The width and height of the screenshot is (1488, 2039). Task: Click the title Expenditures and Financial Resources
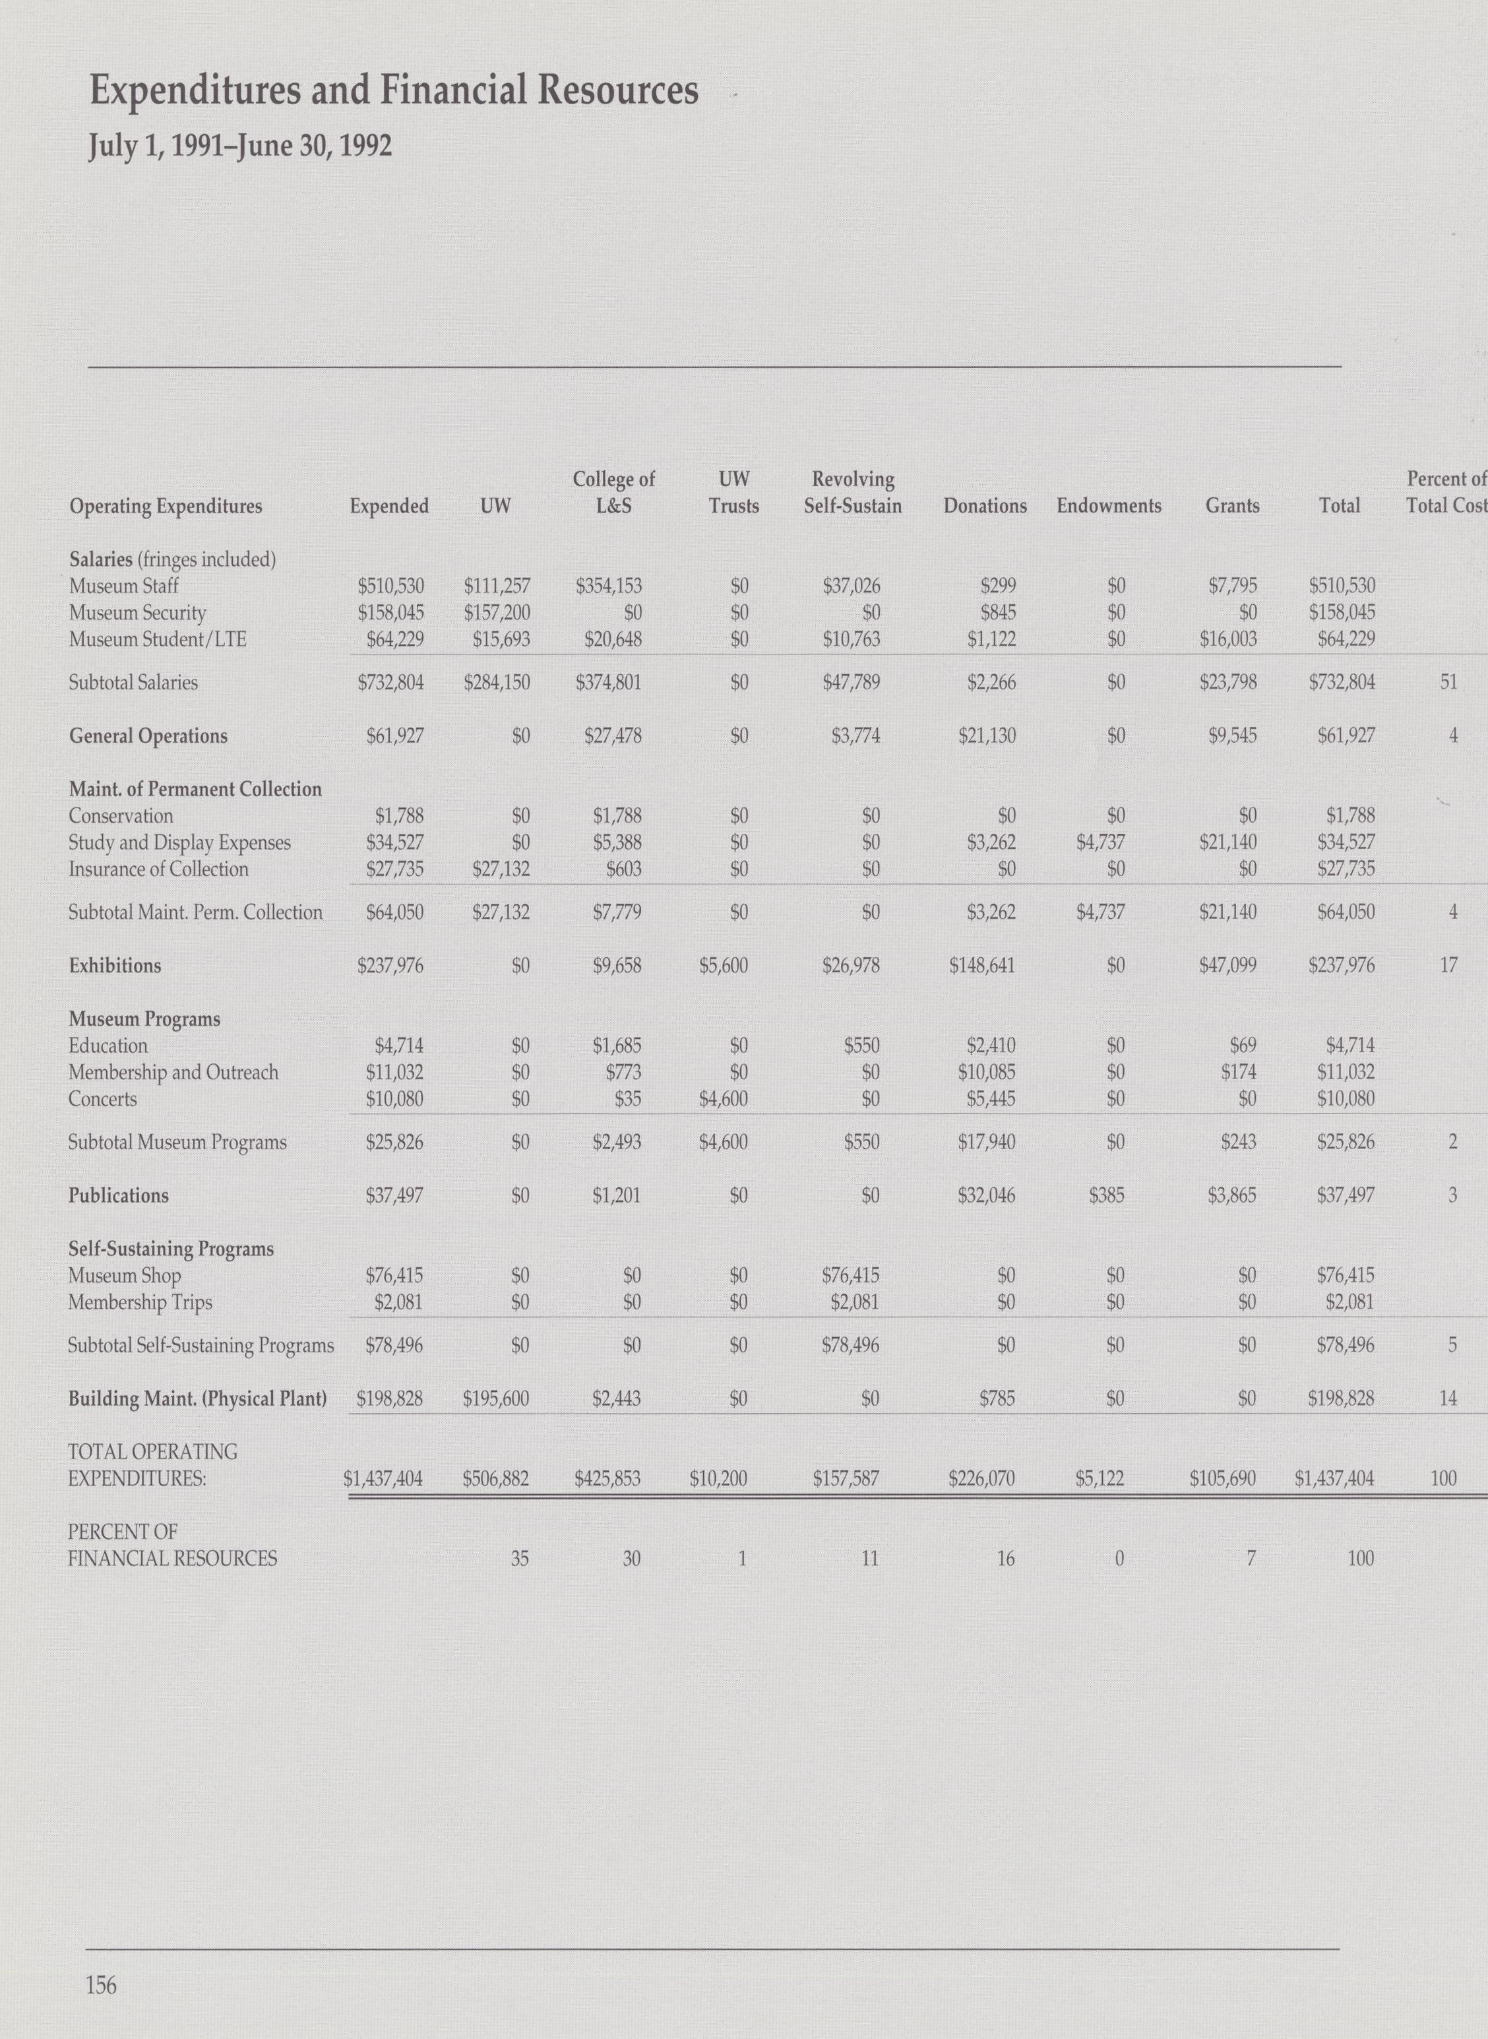[x=394, y=91]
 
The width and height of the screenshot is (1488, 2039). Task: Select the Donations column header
[x=985, y=506]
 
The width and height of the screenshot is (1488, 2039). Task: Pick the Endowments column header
[x=1109, y=506]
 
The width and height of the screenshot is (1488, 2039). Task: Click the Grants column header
[x=1232, y=506]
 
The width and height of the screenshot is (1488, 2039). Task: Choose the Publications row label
[x=118, y=1196]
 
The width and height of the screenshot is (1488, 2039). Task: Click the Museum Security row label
[x=137, y=613]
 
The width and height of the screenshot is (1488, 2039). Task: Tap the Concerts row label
[x=103, y=1100]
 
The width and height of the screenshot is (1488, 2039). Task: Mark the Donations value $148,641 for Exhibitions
[x=983, y=966]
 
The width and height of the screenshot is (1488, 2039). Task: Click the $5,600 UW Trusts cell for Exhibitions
[x=724, y=966]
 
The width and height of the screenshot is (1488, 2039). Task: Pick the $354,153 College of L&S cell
[x=608, y=587]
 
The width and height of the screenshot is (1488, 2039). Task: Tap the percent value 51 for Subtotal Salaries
[x=1448, y=683]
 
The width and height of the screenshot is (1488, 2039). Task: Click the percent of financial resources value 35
[x=520, y=1559]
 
